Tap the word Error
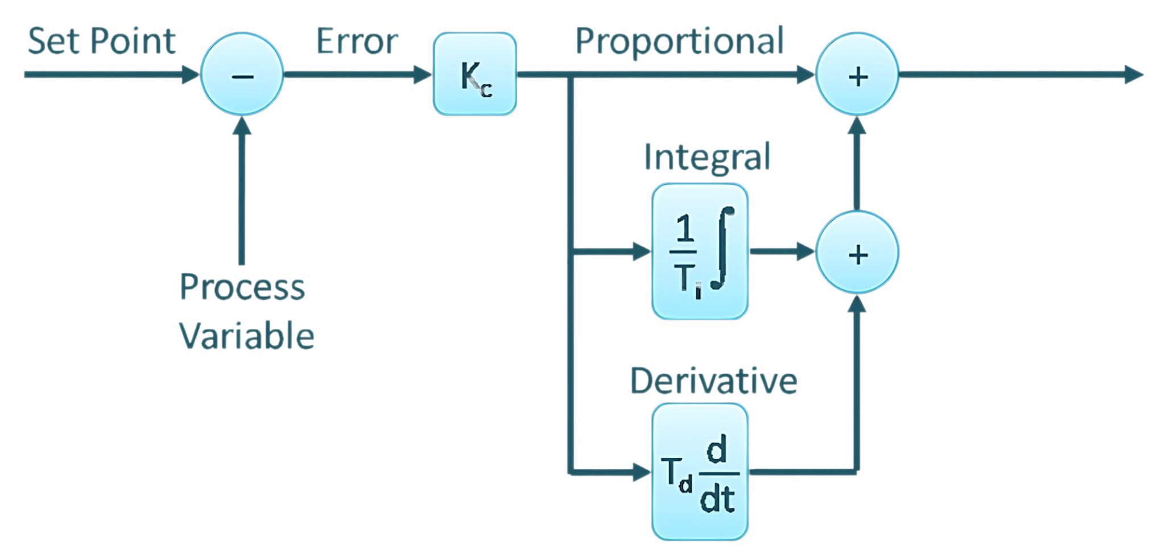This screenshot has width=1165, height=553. pos(357,42)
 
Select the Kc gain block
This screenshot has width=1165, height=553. pos(474,74)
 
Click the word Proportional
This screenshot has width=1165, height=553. pos(679,41)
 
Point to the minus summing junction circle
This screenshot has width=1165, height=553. pos(242,74)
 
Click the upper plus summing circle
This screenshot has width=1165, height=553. pos(857,74)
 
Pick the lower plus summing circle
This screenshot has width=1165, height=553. pos(857,252)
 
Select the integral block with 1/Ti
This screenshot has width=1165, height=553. pos(699,251)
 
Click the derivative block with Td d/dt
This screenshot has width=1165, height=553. pos(699,472)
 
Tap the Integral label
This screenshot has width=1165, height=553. pos(707,157)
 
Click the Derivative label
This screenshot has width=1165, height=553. pos(713,381)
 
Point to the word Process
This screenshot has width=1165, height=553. pos(242,287)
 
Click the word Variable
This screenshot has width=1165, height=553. pos(247,336)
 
